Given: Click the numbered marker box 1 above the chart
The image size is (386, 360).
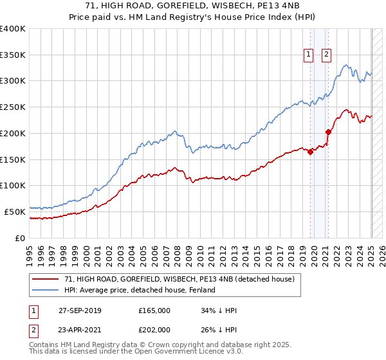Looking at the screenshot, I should (309, 55).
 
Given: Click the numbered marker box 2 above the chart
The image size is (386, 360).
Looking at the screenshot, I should (327, 55).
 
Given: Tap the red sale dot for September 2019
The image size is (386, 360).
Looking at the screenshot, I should (310, 152).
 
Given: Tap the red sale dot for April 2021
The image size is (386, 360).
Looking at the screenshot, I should (328, 132).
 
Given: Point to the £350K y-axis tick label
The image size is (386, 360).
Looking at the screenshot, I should (13, 55).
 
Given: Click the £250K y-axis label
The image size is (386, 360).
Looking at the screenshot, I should (13, 107).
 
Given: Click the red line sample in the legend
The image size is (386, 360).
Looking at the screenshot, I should (46, 280).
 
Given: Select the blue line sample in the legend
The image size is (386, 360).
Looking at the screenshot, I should (46, 291).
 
